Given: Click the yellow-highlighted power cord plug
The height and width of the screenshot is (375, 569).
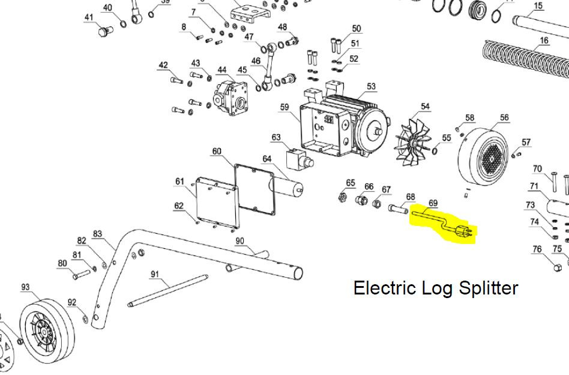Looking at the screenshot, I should click(x=464, y=229).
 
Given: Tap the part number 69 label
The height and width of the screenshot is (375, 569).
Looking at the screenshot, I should click(x=432, y=204).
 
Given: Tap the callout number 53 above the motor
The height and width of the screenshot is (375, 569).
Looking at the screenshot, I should click(x=371, y=87).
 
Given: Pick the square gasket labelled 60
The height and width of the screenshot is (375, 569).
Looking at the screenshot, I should click(x=254, y=189).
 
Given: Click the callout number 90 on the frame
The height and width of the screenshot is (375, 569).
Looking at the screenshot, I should click(x=239, y=241).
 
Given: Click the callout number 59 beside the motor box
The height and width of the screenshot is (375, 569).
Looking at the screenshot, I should click(x=284, y=108).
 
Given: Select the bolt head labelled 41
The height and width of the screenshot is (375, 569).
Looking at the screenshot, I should click(x=104, y=31).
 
